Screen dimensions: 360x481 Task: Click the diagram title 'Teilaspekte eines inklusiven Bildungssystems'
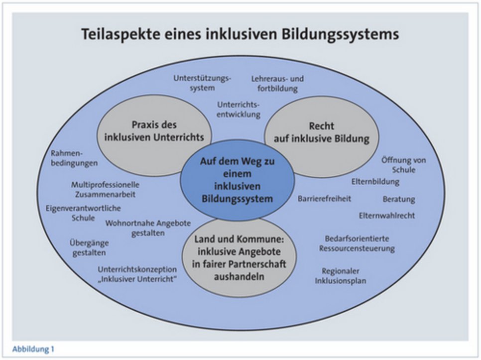click(x=240, y=35)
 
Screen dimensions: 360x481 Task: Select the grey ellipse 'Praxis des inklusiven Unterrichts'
click(x=154, y=131)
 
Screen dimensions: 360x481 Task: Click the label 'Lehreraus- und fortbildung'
click(x=277, y=84)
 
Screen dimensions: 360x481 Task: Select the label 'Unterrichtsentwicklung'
click(x=239, y=110)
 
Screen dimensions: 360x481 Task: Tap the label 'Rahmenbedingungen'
click(x=74, y=158)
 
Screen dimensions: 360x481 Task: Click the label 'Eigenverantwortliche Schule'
click(x=83, y=213)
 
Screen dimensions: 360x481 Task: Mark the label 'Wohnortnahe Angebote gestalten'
click(x=148, y=228)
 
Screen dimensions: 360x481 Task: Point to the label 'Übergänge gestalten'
click(x=89, y=247)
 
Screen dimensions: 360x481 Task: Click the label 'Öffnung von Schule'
click(x=403, y=165)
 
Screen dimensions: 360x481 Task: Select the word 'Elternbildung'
click(x=375, y=182)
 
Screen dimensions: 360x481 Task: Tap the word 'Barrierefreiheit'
click(x=325, y=199)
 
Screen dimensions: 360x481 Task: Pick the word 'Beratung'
click(x=398, y=199)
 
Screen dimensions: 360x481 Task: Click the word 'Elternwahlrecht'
click(x=386, y=216)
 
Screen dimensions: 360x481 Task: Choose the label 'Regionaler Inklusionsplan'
click(x=341, y=276)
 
